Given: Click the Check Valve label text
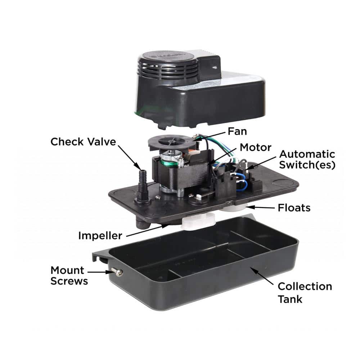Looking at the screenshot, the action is point(83,141).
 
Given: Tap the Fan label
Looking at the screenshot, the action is point(237,131).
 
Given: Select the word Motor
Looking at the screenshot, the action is point(256,147).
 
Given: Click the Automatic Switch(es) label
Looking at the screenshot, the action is point(307,159).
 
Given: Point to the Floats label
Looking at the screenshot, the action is point(294,208).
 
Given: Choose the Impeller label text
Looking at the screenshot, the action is point(100,235).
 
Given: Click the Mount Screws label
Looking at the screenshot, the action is point(69,276).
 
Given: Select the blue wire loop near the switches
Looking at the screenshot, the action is point(242,182).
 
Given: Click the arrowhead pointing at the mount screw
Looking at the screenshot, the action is point(109,272).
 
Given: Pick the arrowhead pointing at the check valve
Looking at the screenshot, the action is point(137,166).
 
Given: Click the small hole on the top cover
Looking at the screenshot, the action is point(215,68).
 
